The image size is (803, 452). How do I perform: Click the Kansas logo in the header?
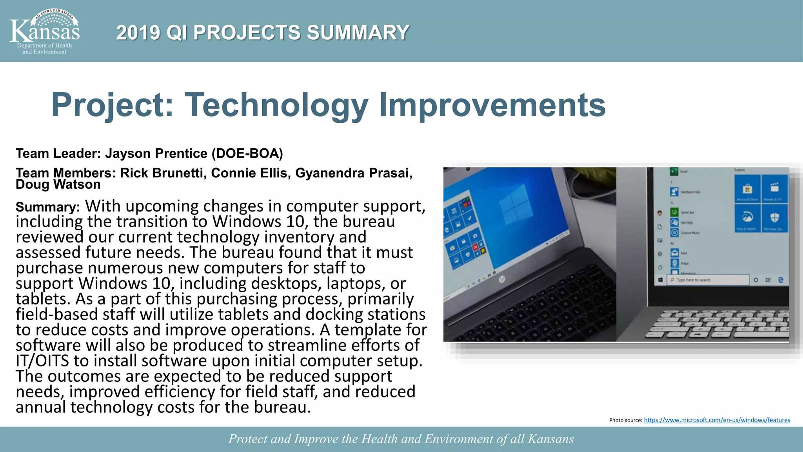(x=44, y=32)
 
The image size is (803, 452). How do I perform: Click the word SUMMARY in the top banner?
(x=358, y=33)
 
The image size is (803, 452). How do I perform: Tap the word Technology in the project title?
(x=276, y=105)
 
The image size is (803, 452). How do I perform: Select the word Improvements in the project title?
(x=492, y=105)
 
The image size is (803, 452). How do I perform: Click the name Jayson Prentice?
(x=156, y=153)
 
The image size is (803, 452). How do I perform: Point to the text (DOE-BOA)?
(x=247, y=153)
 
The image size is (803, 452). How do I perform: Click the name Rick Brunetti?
(x=163, y=173)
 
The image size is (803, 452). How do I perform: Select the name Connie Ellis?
(x=249, y=173)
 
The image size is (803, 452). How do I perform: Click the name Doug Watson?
(x=58, y=184)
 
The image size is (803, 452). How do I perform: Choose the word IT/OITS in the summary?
(x=42, y=361)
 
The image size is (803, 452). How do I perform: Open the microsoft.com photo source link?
(x=717, y=420)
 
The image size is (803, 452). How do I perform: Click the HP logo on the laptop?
(x=501, y=279)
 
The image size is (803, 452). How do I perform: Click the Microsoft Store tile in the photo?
(x=747, y=190)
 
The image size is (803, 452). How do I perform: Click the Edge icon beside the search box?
(x=781, y=280)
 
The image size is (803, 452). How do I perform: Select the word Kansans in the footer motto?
(x=550, y=439)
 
